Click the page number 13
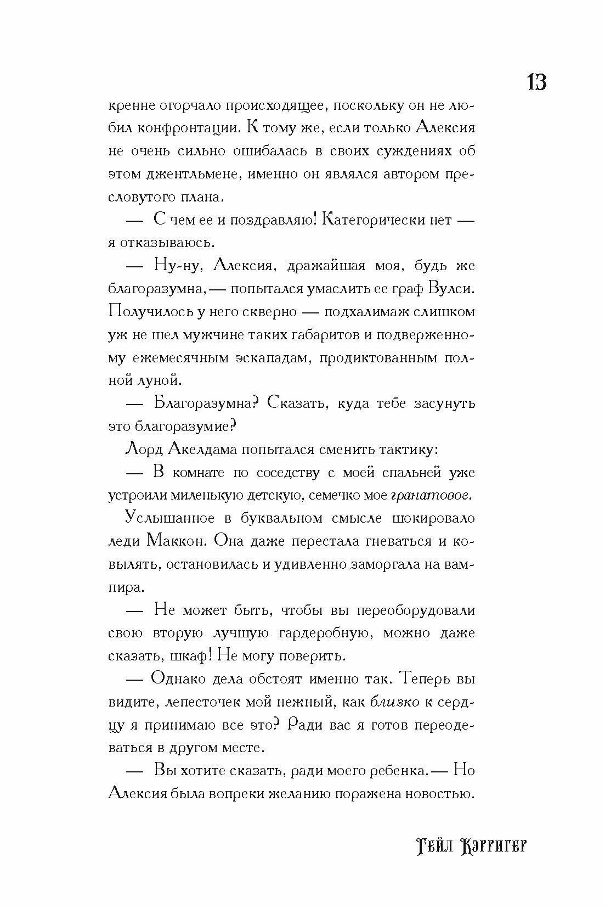(536, 82)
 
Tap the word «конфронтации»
(186, 128)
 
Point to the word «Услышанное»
(168, 518)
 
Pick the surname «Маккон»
(176, 541)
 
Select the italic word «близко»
(395, 702)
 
